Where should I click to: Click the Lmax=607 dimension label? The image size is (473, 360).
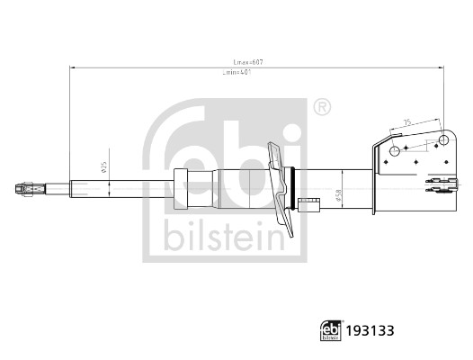pyautogui.click(x=248, y=62)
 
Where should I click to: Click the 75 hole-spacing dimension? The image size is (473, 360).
pyautogui.click(x=408, y=123)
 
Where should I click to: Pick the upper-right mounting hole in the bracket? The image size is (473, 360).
pyautogui.click(x=442, y=140)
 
